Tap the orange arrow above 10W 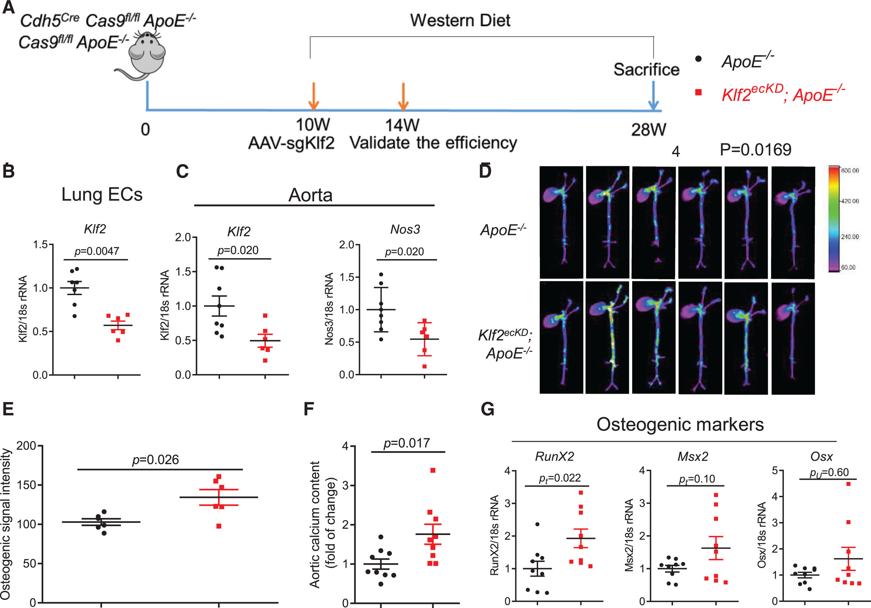(313, 97)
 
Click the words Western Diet (460, 20)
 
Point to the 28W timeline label (648, 130)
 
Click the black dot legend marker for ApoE (698, 59)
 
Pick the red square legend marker (698, 92)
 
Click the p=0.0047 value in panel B (97, 251)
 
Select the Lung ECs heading (102, 194)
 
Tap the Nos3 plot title (405, 230)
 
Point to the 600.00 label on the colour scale (849, 171)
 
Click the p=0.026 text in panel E (155, 460)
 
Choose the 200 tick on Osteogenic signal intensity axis (26, 445)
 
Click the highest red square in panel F (433, 470)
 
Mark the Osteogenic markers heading (680, 424)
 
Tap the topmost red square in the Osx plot (848, 484)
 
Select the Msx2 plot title (693, 456)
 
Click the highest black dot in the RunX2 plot (537, 524)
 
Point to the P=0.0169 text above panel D (755, 150)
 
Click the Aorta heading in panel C (310, 195)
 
